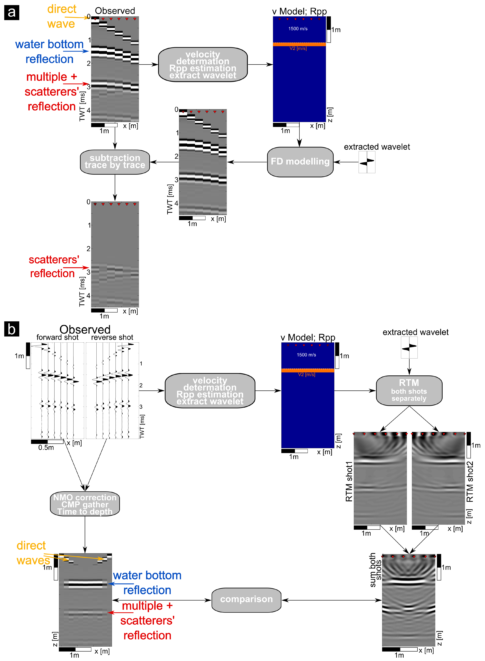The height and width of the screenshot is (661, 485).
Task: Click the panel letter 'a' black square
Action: click(12, 13)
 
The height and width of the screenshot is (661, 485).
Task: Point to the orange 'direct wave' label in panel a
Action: click(61, 16)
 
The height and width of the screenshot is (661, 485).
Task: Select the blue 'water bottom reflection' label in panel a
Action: click(49, 52)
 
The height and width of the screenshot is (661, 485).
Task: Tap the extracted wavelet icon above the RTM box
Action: click(409, 347)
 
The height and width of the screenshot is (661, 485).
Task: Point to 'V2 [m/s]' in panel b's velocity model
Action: click(307, 374)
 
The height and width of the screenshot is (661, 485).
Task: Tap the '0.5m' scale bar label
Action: click(46, 447)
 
